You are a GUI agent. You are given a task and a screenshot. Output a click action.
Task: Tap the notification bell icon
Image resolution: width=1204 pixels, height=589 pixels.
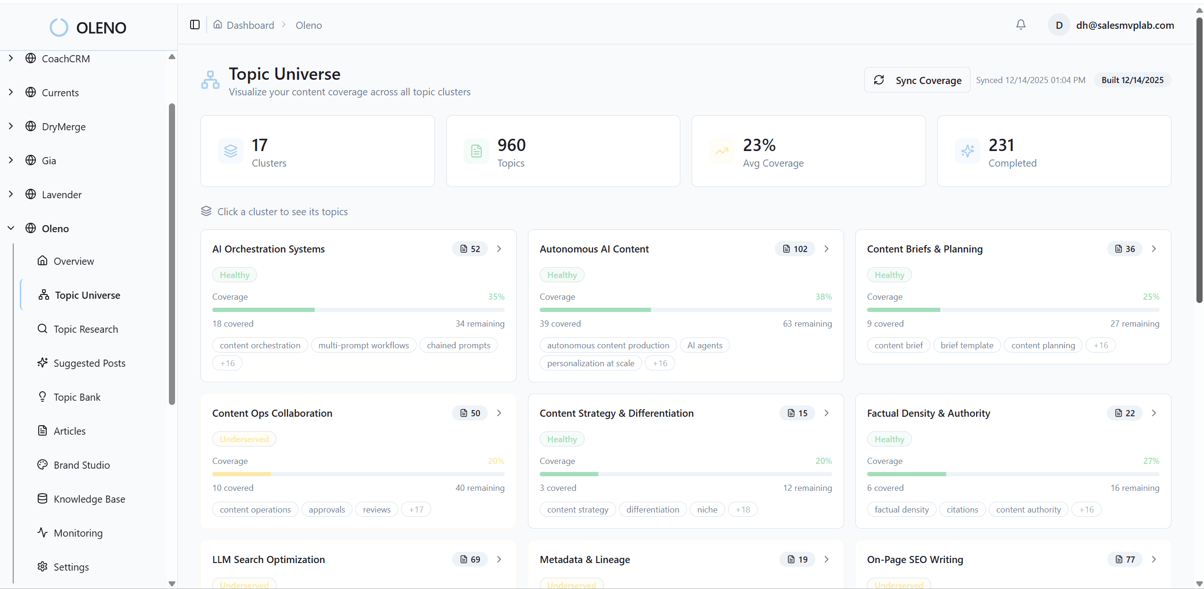[1020, 25]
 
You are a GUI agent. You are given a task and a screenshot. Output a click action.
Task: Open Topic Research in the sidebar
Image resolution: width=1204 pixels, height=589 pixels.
[85, 329]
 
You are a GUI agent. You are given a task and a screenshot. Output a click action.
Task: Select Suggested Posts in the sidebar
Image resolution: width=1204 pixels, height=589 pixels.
[89, 363]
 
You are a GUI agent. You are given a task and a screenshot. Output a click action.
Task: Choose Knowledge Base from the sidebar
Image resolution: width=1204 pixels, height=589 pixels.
[89, 499]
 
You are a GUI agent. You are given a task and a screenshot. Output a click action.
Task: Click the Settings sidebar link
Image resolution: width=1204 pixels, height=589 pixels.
[71, 567]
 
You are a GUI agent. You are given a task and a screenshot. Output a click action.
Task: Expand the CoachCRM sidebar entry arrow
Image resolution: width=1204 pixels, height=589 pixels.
[11, 59]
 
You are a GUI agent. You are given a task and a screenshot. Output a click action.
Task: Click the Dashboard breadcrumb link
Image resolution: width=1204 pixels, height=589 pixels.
[250, 25]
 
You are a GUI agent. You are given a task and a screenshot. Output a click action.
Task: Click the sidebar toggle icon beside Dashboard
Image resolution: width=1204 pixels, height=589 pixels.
[195, 25]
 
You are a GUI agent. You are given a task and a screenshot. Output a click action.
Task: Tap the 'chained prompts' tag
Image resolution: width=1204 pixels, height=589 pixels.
[458, 345]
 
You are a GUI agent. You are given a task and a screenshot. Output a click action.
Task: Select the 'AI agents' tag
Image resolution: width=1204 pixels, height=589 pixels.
[704, 345]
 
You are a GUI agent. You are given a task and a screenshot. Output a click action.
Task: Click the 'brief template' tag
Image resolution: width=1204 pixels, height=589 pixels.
[967, 345]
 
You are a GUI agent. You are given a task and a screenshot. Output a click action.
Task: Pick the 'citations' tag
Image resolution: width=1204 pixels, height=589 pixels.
[962, 510]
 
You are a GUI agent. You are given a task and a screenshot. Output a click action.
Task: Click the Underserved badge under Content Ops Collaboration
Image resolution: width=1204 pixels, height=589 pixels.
[244, 439]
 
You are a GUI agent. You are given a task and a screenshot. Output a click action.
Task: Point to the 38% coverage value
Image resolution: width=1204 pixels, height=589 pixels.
[823, 297]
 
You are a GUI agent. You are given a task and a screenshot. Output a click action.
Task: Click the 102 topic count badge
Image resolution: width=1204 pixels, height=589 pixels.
[795, 249]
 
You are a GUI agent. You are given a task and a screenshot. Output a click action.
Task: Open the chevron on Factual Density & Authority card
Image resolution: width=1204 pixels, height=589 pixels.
[1154, 413]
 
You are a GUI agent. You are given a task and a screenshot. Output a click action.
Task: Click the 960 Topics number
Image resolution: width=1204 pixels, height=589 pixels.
[511, 145]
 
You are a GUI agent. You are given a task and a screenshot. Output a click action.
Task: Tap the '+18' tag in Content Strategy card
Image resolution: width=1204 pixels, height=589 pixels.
[743, 510]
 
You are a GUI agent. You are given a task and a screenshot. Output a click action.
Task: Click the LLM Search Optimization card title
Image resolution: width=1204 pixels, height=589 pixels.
[268, 560]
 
